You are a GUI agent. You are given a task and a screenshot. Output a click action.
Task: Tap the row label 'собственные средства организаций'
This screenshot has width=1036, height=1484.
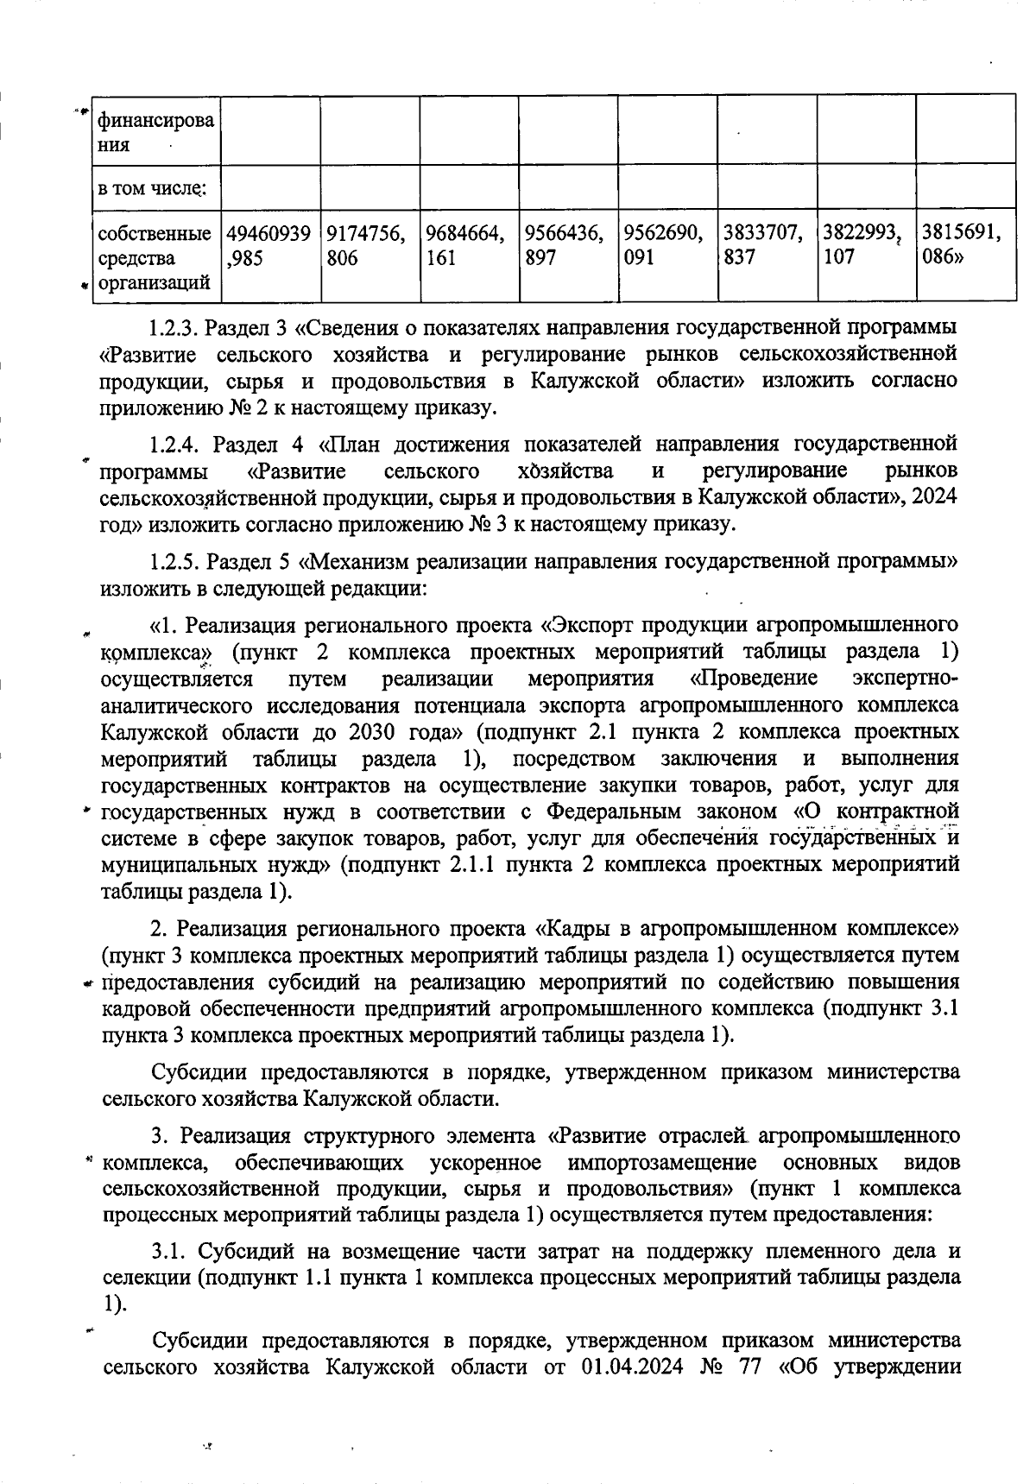pos(155,257)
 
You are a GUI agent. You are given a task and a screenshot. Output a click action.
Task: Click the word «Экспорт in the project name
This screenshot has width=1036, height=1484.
pos(590,624)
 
